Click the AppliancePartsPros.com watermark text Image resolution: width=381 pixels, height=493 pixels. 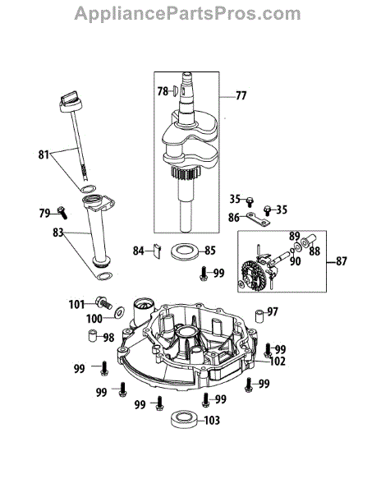[x=187, y=14]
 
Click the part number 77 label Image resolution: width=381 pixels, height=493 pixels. [x=241, y=95]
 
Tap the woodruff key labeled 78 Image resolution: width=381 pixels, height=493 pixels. [x=176, y=91]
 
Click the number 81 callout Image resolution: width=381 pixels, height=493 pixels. [x=44, y=154]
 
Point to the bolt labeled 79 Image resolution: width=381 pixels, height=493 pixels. [x=62, y=213]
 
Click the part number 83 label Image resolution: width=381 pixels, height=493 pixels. [x=58, y=233]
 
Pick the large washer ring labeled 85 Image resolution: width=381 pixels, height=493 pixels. [x=185, y=251]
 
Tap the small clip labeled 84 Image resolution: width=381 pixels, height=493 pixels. [x=157, y=251]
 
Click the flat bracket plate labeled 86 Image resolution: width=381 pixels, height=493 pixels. [x=258, y=219]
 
